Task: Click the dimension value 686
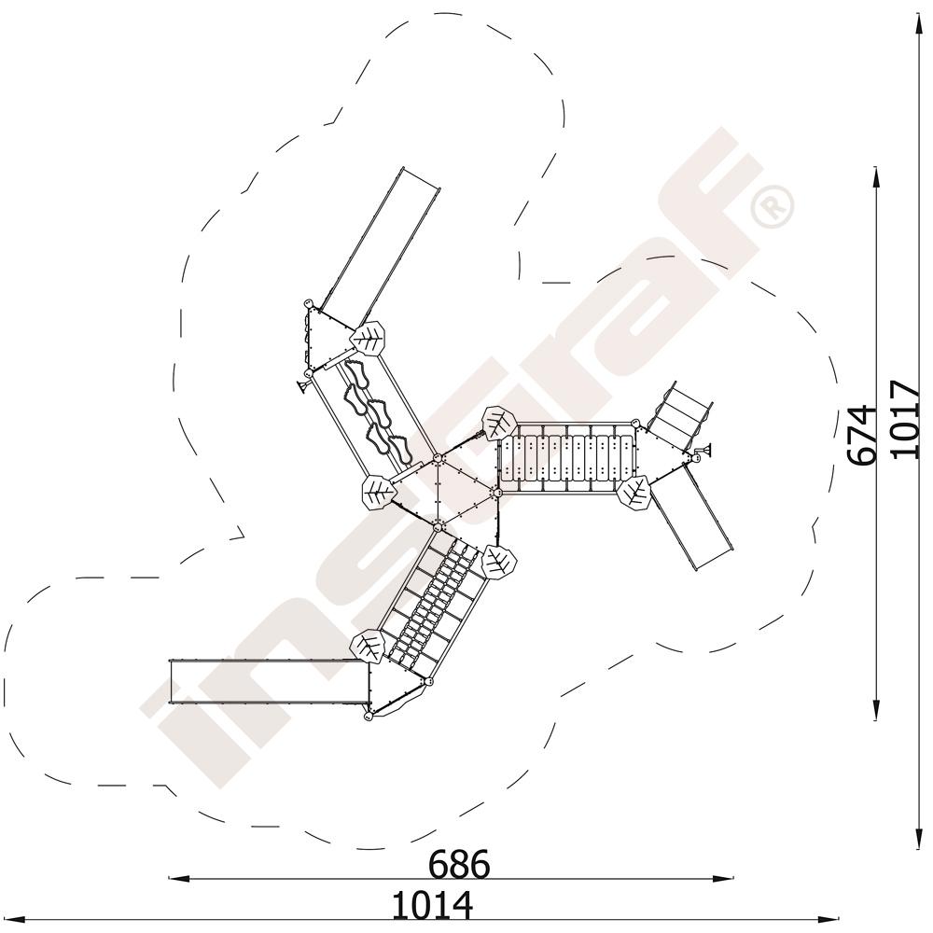[x=459, y=863]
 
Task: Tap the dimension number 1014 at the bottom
[x=432, y=905]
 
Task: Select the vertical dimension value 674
[x=862, y=435]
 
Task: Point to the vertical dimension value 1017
[x=905, y=420]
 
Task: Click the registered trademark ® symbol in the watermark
[x=773, y=206]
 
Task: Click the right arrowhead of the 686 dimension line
[x=723, y=878]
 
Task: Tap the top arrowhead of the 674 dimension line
[x=875, y=177]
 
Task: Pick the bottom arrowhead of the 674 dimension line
[x=875, y=710]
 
